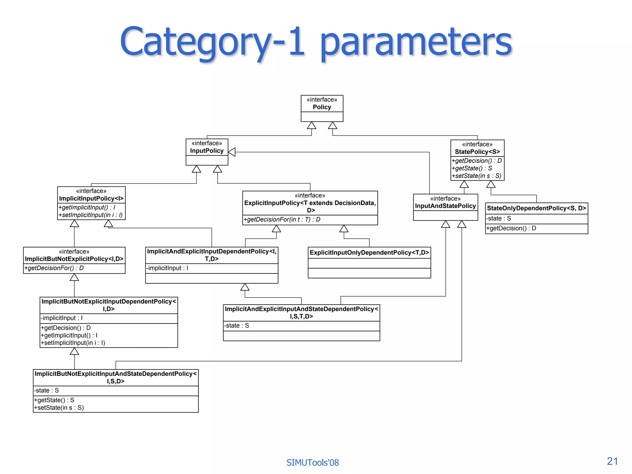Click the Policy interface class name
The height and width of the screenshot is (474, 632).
[x=322, y=107]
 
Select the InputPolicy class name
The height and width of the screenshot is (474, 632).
[x=207, y=151]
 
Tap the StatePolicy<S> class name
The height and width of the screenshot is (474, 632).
[x=477, y=152]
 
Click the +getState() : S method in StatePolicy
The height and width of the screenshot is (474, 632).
[x=472, y=168]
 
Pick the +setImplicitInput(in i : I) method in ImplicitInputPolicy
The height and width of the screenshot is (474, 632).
[x=91, y=215]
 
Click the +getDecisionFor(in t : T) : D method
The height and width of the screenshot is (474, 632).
[x=282, y=219]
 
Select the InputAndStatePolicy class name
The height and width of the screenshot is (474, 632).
[x=445, y=206]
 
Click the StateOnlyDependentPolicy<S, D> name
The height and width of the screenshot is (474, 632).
[x=536, y=208]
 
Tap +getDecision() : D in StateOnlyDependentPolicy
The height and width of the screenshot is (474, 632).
[x=511, y=228]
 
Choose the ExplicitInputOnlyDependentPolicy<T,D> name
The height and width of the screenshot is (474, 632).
[x=369, y=252]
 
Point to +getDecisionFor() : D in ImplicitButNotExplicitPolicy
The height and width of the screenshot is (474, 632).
[x=54, y=268]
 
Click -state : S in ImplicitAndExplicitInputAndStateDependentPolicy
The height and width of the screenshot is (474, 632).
[x=237, y=326]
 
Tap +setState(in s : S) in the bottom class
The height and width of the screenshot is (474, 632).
[x=59, y=408]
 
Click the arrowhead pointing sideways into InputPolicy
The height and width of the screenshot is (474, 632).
[x=232, y=152]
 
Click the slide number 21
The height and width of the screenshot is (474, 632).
[x=612, y=461]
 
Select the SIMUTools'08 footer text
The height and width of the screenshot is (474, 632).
[x=313, y=463]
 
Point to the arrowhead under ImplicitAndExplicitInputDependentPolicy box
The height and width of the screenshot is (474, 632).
[x=245, y=287]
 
